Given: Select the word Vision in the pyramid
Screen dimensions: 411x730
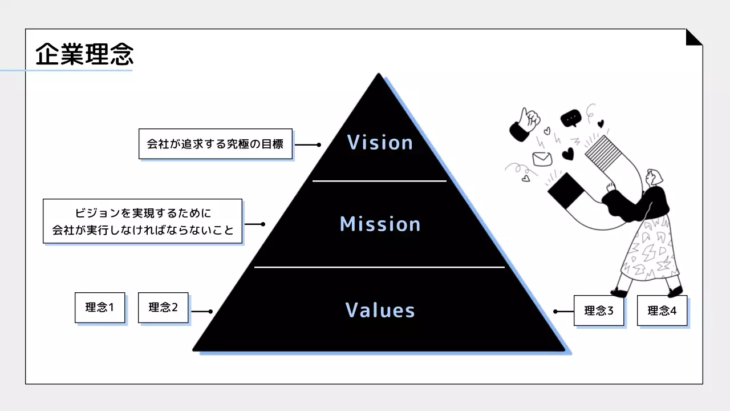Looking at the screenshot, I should pos(380,142).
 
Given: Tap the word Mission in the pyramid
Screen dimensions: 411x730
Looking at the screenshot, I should pos(380,224).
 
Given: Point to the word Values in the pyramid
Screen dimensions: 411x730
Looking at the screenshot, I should pos(380,310).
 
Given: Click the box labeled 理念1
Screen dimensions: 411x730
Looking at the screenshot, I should pos(100,308).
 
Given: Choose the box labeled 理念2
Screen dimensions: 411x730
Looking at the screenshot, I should pos(163,308).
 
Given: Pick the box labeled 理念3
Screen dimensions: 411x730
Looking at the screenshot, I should pos(599,311).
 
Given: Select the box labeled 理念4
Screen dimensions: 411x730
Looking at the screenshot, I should pos(662,311).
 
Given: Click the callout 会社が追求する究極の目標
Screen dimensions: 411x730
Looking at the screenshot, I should pos(216,144).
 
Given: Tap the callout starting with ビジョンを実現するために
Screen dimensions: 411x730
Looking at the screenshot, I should pos(143,221).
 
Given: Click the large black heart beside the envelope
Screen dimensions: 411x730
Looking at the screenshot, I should pos(568,154).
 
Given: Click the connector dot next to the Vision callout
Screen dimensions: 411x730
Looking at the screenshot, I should pos(319,145).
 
